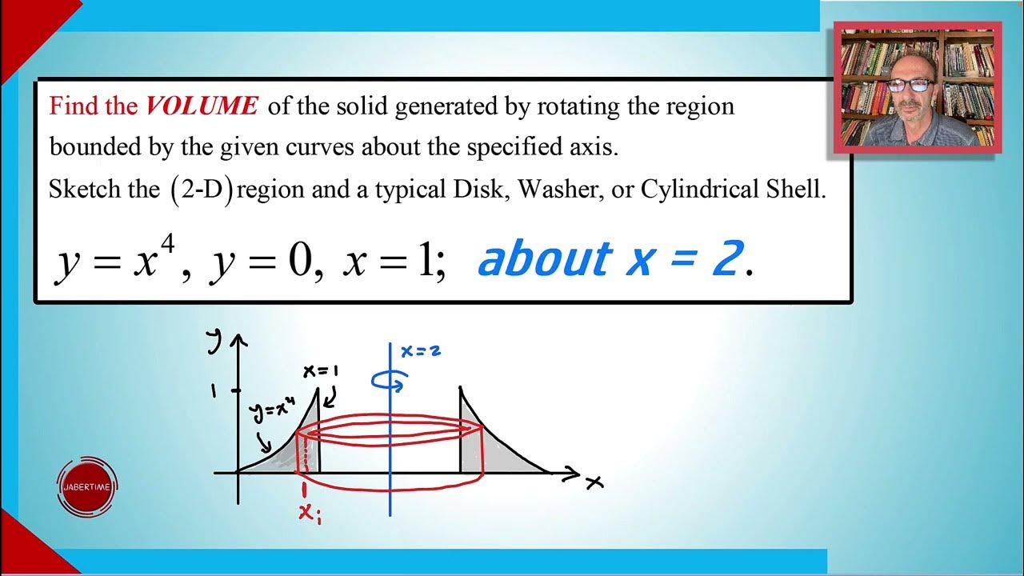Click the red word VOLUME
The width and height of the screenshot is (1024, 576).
(x=202, y=106)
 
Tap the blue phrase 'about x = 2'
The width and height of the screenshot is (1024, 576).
(x=610, y=261)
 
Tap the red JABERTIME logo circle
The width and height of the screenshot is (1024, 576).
(x=88, y=486)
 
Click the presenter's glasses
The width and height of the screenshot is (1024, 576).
(x=909, y=86)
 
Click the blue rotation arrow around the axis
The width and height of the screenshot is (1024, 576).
(x=390, y=382)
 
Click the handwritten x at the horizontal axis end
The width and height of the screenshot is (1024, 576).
(x=594, y=482)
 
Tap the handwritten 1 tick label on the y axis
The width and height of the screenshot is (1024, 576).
(x=214, y=390)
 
